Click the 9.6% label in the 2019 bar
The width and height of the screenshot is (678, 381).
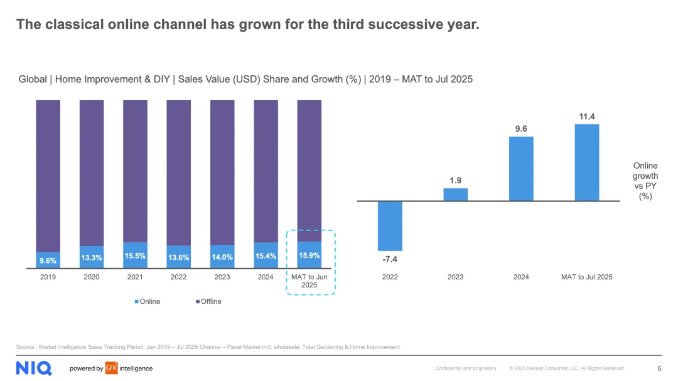coord(48,260)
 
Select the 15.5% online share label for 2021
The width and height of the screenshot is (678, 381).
coord(135,256)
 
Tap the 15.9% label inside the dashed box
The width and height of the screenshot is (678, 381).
coord(309,255)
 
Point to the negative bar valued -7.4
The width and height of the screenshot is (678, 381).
coord(390,226)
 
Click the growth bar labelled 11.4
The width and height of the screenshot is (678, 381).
coord(586,162)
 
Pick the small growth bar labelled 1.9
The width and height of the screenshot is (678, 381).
coord(455,195)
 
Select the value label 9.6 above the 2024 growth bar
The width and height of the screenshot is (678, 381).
coord(521,129)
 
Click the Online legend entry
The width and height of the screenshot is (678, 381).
coord(148,301)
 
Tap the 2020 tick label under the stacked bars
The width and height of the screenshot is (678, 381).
coord(92,277)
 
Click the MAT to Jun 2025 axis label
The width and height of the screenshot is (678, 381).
coord(309,281)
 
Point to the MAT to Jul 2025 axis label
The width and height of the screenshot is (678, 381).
coord(586,277)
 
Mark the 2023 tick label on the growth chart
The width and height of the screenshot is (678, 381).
coord(455,277)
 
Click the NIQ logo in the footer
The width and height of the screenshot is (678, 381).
coord(34,368)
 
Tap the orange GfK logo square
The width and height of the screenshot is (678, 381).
coord(111,368)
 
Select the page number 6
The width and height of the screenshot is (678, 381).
coord(659,368)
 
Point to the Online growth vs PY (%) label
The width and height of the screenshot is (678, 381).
coord(645,181)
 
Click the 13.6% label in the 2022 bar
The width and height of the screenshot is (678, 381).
coord(179,257)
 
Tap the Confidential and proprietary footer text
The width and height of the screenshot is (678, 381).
coord(466,368)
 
